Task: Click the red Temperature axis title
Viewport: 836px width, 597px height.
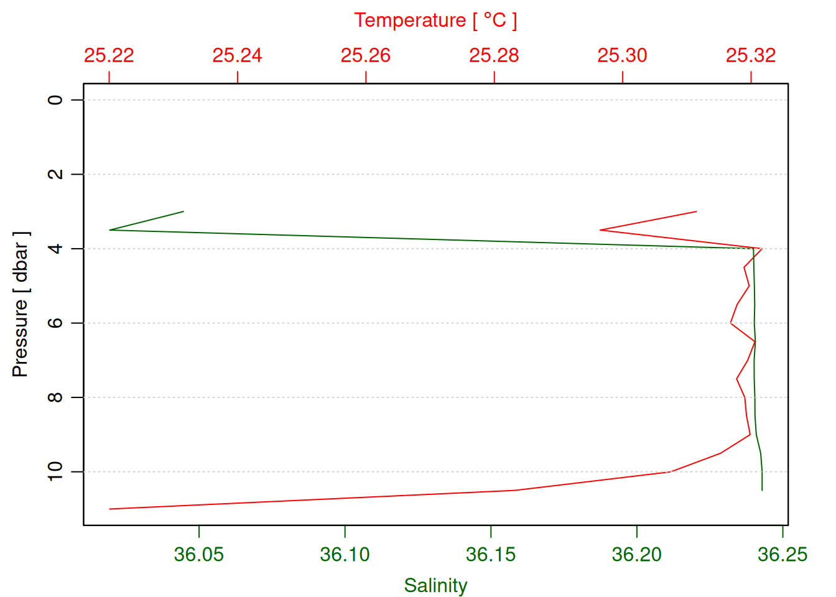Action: pyautogui.click(x=435, y=21)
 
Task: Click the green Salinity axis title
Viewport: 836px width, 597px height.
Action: pyautogui.click(x=435, y=585)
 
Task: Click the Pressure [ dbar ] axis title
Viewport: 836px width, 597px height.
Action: pyautogui.click(x=21, y=304)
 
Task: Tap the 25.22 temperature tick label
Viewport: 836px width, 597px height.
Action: pyautogui.click(x=109, y=55)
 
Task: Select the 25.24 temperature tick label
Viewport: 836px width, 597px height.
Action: pyautogui.click(x=237, y=55)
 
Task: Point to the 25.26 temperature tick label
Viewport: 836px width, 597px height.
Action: pyautogui.click(x=366, y=55)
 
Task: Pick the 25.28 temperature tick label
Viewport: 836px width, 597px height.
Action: pyautogui.click(x=494, y=55)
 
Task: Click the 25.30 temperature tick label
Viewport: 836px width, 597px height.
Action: pyautogui.click(x=622, y=55)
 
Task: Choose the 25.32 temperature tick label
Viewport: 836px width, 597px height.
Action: pyautogui.click(x=751, y=55)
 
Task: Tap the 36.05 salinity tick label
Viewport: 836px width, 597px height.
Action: pyautogui.click(x=198, y=554)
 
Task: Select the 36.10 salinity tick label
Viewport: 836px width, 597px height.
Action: pyautogui.click(x=345, y=554)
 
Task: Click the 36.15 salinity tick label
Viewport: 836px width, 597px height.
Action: pyautogui.click(x=491, y=554)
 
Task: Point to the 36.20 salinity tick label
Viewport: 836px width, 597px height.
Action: pyautogui.click(x=637, y=554)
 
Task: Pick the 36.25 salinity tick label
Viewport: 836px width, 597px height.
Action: pyautogui.click(x=783, y=554)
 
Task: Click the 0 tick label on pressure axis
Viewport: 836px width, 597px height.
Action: pyautogui.click(x=56, y=99)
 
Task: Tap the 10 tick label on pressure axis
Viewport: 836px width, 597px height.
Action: pyautogui.click(x=56, y=471)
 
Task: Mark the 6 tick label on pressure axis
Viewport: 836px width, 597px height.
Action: pyautogui.click(x=56, y=323)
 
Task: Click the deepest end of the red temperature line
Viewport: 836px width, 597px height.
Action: pyautogui.click(x=110, y=509)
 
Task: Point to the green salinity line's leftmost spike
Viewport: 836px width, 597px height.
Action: pyautogui.click(x=110, y=230)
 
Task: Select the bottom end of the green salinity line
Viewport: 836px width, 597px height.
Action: pyautogui.click(x=762, y=490)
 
